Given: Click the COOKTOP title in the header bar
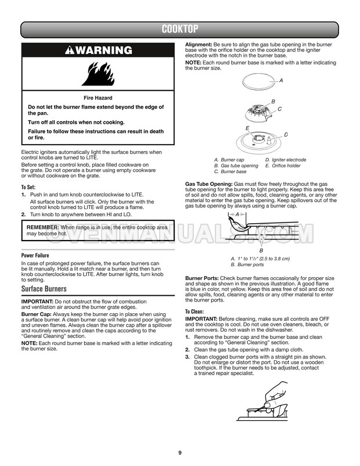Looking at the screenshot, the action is [179, 29].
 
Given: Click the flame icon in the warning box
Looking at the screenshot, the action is [98, 74].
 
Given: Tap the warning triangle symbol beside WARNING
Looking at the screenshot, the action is [70, 50].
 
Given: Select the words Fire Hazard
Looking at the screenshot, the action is [98, 98].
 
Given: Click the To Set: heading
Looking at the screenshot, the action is [28, 187].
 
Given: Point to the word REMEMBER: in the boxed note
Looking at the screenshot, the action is [43, 227].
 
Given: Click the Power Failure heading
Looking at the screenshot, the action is [35, 255].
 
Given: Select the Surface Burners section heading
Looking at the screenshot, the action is [44, 289].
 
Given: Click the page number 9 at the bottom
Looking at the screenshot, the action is [180, 453].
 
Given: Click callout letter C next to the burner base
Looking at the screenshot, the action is [279, 109].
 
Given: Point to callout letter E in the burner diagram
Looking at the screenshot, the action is [247, 128].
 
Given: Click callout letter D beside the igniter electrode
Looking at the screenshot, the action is [286, 135].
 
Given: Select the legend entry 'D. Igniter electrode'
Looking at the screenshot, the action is [286, 160].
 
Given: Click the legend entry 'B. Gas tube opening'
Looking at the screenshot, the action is [236, 166].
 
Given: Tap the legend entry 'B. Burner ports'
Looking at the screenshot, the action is [247, 264].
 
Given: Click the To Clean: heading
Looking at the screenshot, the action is [195, 311].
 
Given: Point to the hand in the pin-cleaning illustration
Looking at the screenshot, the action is [275, 398].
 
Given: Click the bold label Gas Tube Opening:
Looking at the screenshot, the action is [209, 184].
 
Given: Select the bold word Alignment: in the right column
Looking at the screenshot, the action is [199, 45].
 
